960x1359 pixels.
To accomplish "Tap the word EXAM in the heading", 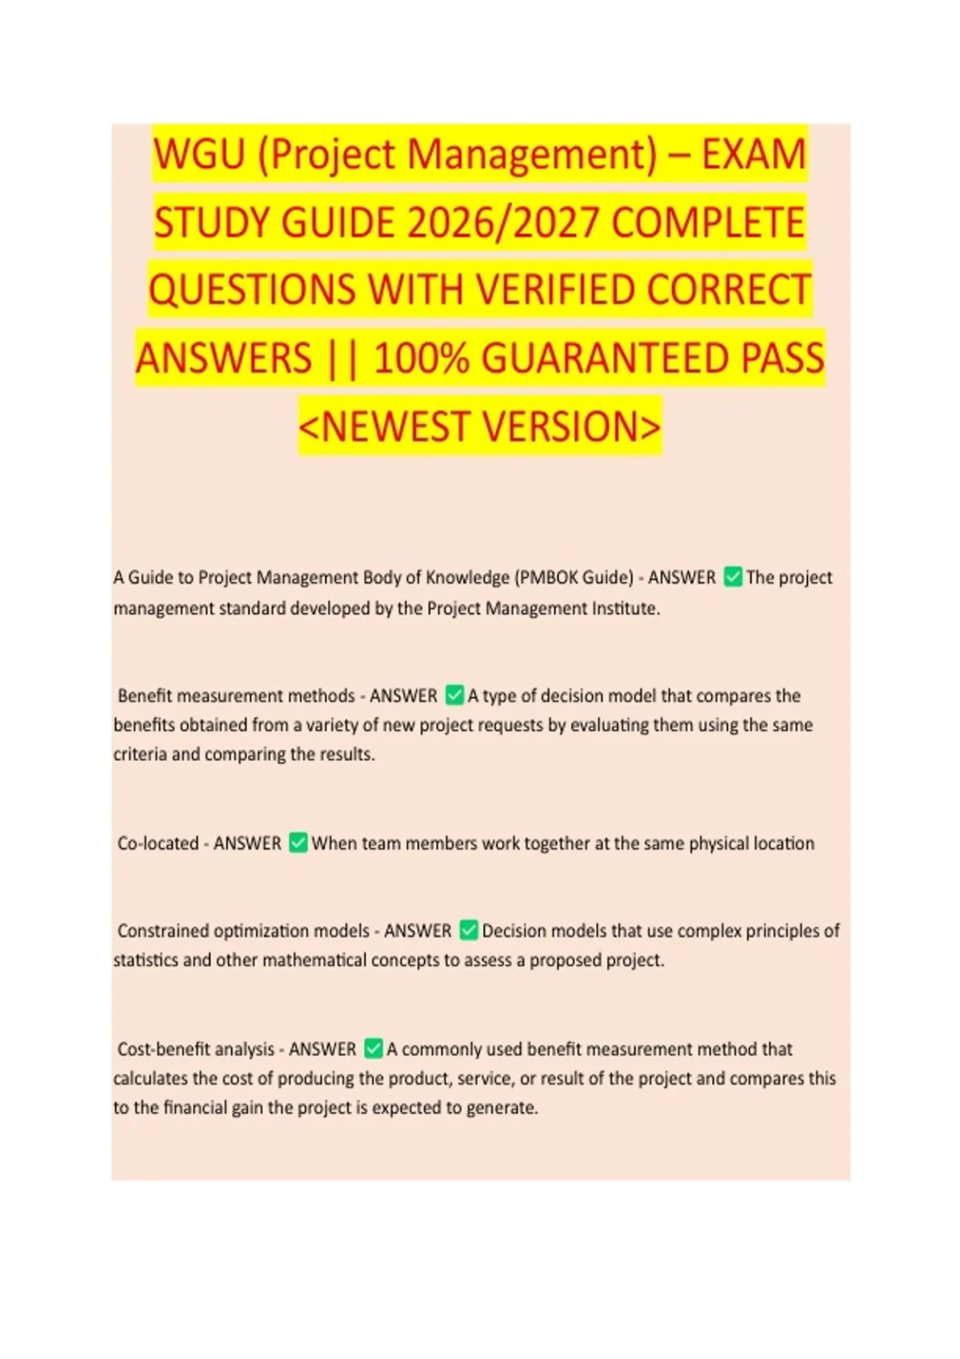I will (754, 154).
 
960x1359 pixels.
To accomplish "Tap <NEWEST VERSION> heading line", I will (480, 426).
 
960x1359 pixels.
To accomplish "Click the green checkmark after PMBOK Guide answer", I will (732, 577).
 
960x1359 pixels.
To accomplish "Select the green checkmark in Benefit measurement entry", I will (454, 695).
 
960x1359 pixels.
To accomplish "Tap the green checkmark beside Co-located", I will (298, 843).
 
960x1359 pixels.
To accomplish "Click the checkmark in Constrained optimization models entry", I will (469, 931).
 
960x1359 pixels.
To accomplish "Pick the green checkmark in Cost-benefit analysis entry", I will (373, 1049).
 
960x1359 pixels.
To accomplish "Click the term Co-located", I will (158, 843).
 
